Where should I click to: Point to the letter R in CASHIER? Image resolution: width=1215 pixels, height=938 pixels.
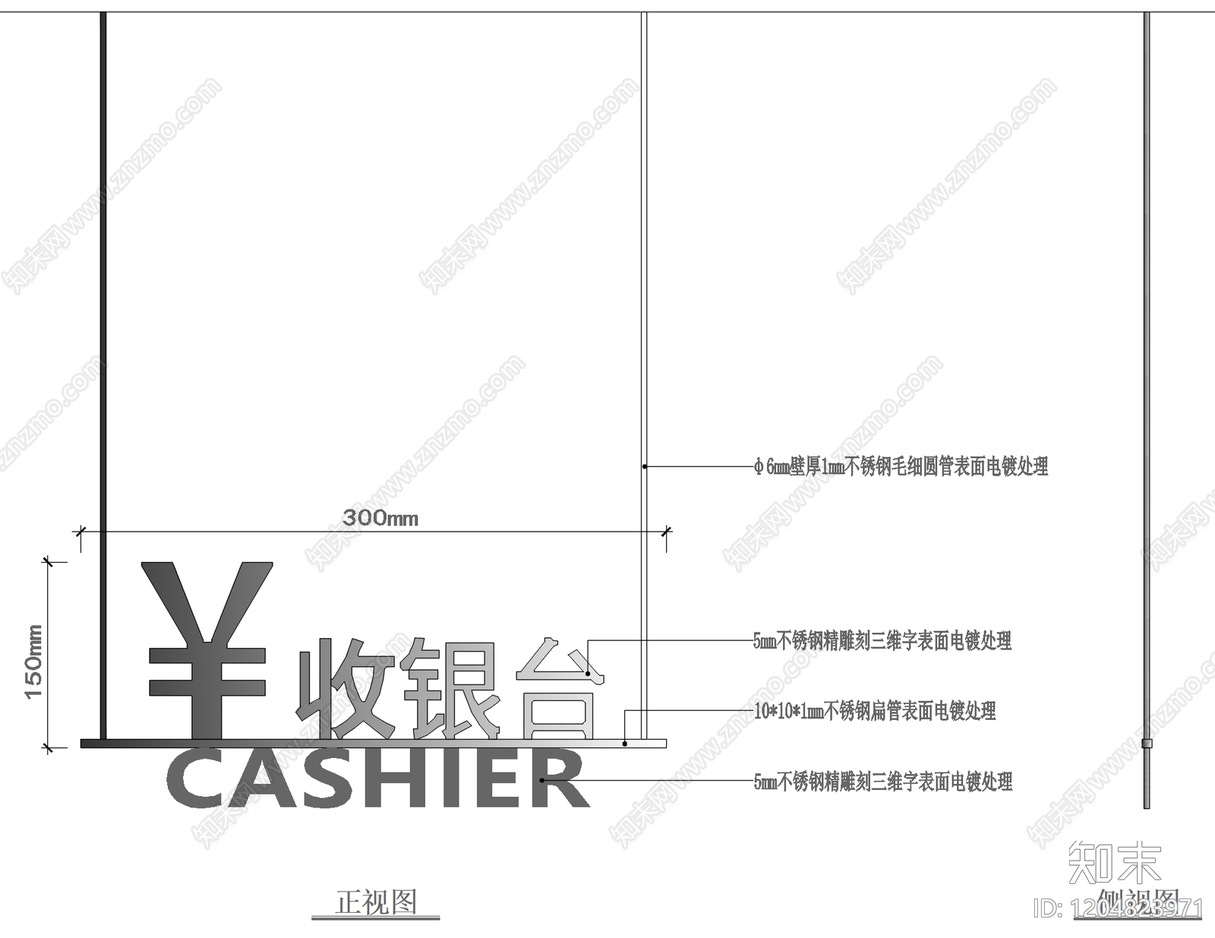coord(562,779)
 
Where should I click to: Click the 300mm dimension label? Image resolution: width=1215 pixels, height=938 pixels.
coord(380,518)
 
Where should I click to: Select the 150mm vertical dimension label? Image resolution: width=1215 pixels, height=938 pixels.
coord(34,661)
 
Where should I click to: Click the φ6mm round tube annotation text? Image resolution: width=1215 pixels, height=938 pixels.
coord(901,466)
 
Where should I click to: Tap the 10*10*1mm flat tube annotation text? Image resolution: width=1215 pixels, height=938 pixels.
coord(875,712)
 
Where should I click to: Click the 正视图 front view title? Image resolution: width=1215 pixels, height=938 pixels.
coord(376,902)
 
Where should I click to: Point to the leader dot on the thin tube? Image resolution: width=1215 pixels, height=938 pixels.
coord(644,466)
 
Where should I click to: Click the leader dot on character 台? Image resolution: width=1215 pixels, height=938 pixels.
coord(589,673)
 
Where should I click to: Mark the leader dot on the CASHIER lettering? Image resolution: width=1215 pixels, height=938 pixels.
coord(541,780)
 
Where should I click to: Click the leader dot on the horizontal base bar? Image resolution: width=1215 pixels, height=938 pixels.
coord(625,744)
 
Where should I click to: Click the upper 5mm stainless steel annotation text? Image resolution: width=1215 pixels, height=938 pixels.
coord(882,641)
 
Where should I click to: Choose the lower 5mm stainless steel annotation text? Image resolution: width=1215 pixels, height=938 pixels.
coord(882,782)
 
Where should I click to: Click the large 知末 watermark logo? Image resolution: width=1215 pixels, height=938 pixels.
coord(1114,862)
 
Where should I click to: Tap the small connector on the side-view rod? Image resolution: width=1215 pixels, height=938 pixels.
coord(1147,743)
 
